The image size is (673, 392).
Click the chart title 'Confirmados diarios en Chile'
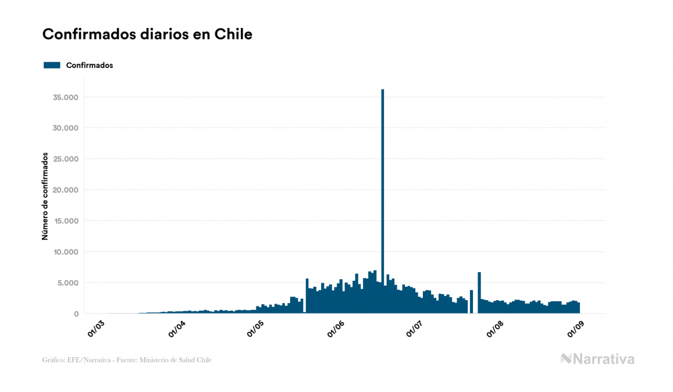[x=147, y=34]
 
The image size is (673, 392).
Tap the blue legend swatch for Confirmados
[x=52, y=65]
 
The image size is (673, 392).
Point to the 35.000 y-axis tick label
[x=66, y=97]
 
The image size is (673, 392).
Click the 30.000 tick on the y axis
[x=66, y=128]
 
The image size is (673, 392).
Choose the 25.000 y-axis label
[x=66, y=159]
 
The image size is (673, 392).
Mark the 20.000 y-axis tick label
[x=66, y=190]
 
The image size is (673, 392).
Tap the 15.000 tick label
[x=66, y=221]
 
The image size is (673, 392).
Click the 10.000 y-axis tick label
[x=66, y=252]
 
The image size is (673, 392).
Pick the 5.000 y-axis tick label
[x=68, y=283]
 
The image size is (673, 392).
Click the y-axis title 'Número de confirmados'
[x=45, y=196]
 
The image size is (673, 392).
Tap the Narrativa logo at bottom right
[x=597, y=359]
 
